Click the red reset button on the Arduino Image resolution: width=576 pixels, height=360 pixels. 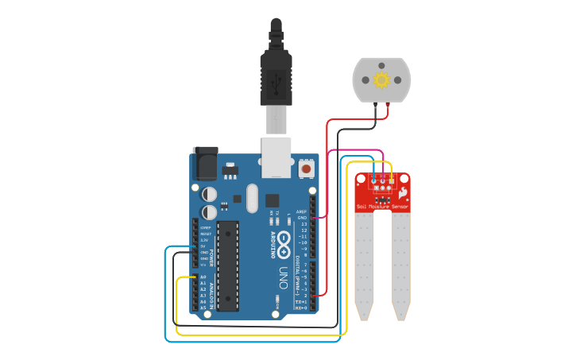tap(306, 168)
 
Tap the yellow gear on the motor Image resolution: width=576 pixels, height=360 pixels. tap(381, 79)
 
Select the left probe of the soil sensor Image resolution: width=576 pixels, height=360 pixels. tap(364, 266)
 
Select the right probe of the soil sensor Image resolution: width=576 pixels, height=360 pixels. tap(400, 266)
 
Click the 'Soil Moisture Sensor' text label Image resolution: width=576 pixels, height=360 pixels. tap(382, 207)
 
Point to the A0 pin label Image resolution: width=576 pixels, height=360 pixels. tap(203, 277)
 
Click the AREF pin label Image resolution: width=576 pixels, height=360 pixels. tap(301, 211)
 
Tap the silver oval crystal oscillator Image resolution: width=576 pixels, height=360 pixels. tap(253, 198)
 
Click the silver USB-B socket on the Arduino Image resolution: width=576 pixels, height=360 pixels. tap(276, 157)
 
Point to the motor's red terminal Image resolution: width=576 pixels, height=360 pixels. tap(387, 104)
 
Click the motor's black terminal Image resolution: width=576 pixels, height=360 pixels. tap(375, 104)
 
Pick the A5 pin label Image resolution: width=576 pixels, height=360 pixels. tap(203, 308)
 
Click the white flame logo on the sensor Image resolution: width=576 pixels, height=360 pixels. tap(403, 193)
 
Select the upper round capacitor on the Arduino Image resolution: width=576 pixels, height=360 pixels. tap(209, 194)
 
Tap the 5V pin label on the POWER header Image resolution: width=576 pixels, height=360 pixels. tap(203, 246)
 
